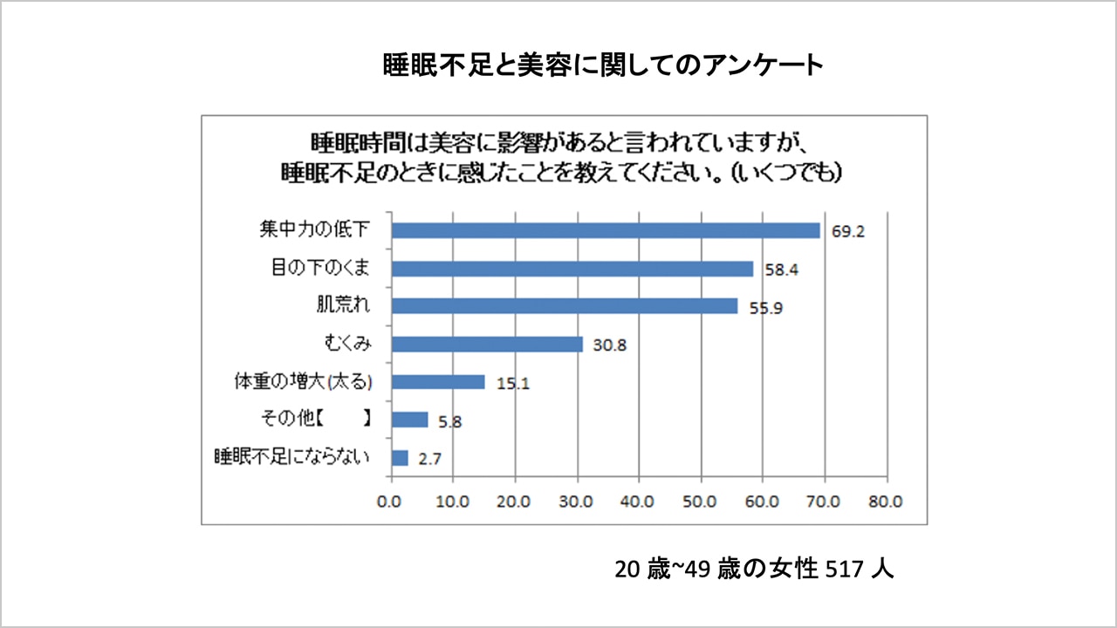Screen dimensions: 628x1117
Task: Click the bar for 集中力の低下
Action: click(x=606, y=230)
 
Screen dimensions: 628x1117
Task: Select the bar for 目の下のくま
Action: click(x=572, y=269)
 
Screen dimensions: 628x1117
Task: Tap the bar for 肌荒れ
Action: click(x=565, y=306)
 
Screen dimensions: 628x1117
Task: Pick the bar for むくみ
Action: click(x=487, y=345)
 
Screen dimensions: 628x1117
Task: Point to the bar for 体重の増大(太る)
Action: click(x=438, y=382)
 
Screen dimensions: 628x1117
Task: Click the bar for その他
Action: click(x=409, y=420)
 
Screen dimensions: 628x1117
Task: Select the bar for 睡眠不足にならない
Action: click(x=400, y=458)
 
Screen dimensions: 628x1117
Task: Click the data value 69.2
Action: click(x=846, y=232)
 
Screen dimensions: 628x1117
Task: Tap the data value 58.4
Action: click(x=780, y=270)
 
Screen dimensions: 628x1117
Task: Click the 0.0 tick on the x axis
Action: click(x=392, y=502)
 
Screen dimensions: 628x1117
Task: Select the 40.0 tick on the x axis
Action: click(x=639, y=502)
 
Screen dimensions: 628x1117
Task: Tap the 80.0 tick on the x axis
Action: click(x=886, y=502)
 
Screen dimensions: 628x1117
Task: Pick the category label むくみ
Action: click(x=344, y=345)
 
